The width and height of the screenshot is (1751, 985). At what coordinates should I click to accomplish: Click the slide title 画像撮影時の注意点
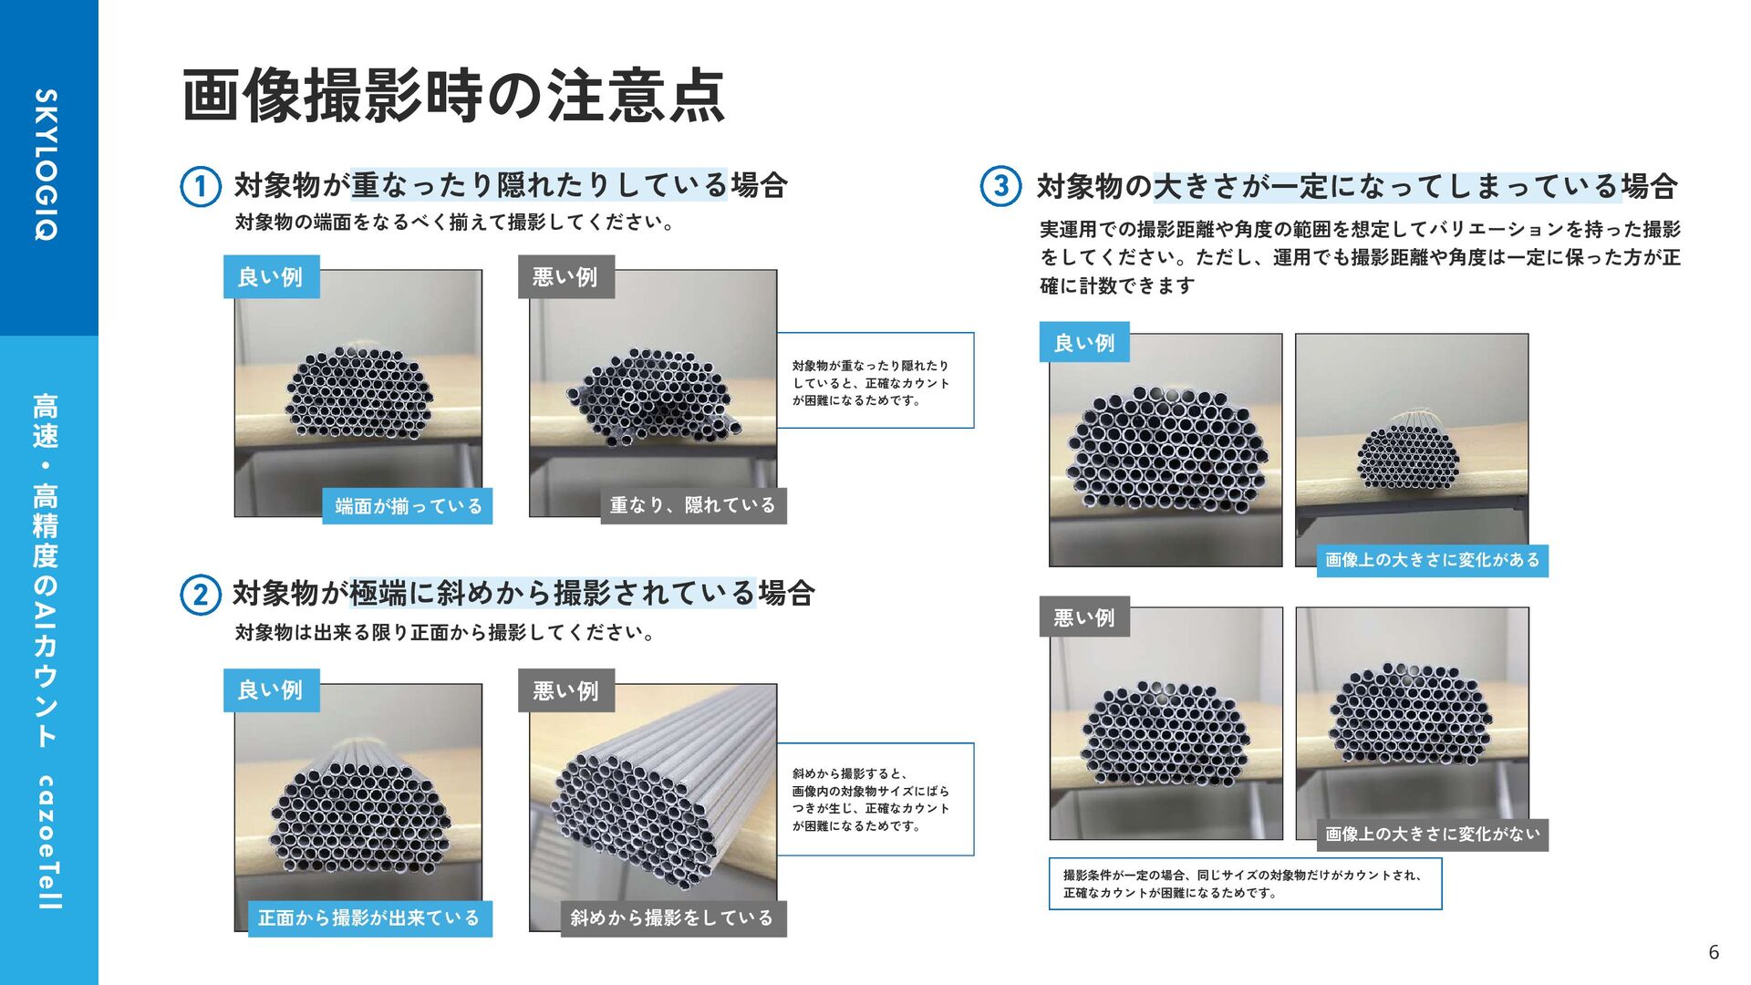tap(453, 96)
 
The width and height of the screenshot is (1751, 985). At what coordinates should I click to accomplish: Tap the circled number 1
tap(200, 187)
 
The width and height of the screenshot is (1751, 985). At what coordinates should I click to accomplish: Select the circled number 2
tap(200, 595)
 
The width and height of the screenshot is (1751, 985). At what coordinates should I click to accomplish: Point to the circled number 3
tap(1000, 186)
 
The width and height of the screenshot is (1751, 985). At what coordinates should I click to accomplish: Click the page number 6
tap(1714, 952)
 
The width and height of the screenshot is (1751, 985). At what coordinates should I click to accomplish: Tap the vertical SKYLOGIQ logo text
tap(46, 165)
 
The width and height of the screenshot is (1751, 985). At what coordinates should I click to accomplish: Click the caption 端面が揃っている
tap(408, 506)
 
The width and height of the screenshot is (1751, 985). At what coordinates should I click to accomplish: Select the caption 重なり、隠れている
tap(692, 505)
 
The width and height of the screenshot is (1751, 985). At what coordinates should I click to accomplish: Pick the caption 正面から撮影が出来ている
tap(368, 918)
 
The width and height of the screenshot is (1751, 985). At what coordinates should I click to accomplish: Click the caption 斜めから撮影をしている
tap(672, 918)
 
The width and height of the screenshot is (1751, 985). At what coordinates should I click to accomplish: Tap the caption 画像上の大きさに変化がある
tap(1432, 560)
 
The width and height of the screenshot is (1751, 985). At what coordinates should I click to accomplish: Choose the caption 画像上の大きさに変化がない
tap(1432, 835)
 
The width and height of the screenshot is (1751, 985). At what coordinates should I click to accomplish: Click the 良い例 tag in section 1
tap(272, 276)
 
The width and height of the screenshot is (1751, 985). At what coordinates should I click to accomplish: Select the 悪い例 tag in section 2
tap(566, 690)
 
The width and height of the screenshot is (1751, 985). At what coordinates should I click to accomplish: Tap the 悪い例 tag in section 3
tap(1084, 617)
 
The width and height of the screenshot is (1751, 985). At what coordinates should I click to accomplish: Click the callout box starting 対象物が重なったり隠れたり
tap(875, 380)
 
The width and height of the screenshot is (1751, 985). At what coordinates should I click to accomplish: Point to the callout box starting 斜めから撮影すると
tap(875, 799)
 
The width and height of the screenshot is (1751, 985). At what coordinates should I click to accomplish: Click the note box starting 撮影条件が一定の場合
tap(1245, 884)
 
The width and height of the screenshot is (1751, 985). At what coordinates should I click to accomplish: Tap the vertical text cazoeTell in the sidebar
tap(47, 843)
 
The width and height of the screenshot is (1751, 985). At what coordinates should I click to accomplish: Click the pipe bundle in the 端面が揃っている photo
tap(359, 393)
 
